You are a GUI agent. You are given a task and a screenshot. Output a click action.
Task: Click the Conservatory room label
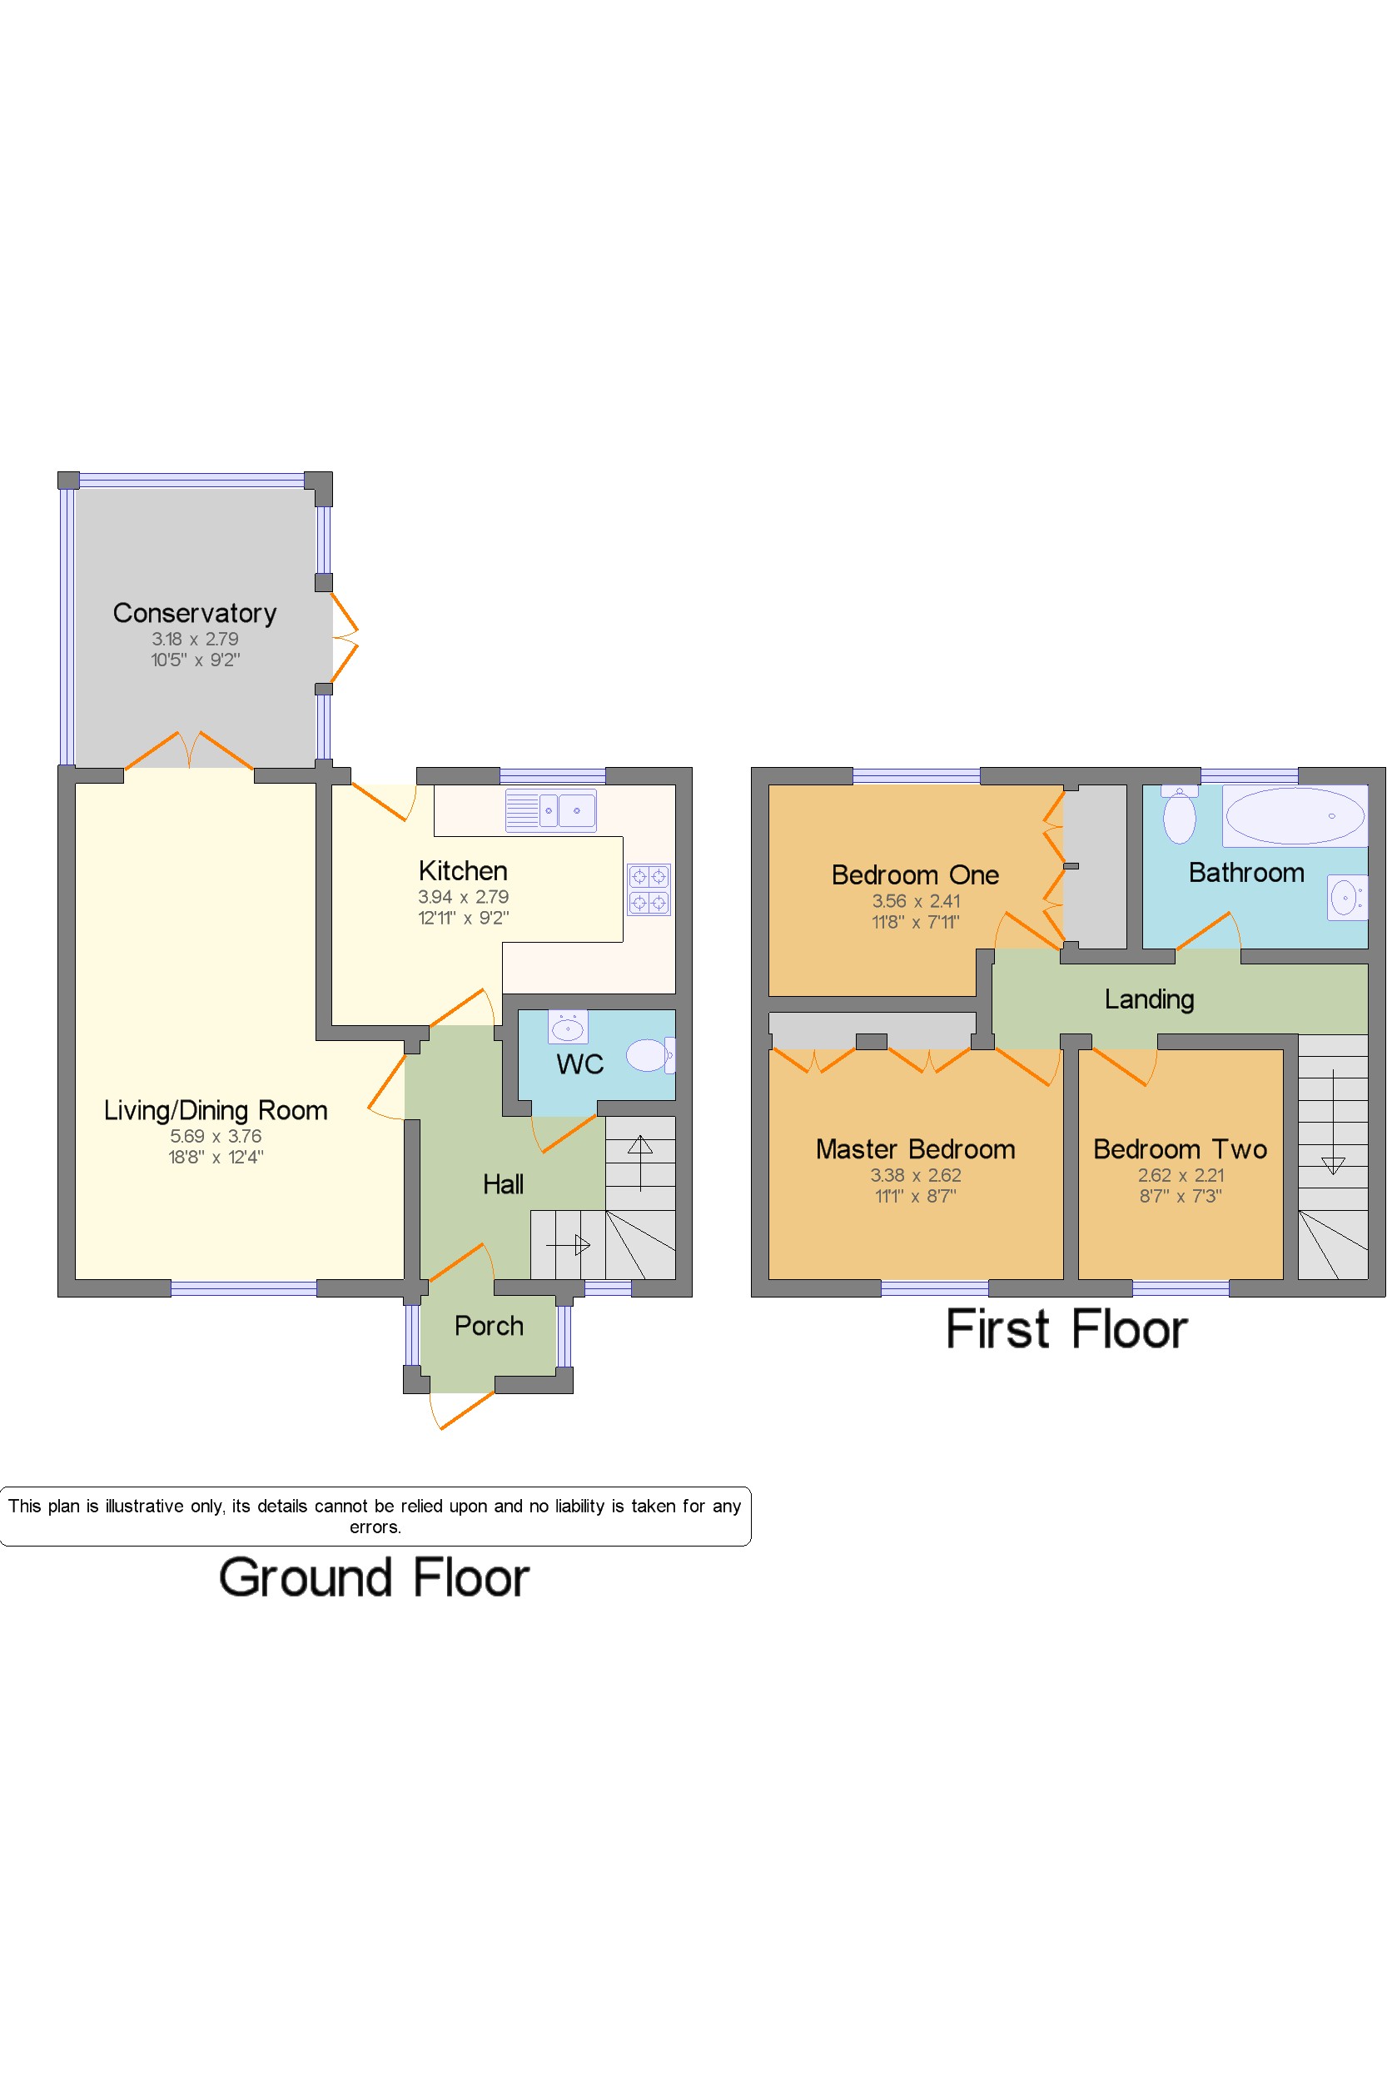pos(195,613)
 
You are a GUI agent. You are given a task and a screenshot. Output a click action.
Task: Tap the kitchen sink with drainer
pos(550,810)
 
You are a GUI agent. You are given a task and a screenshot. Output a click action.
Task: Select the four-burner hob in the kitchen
pos(649,889)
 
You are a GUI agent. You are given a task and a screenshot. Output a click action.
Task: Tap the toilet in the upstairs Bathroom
pos(1179,814)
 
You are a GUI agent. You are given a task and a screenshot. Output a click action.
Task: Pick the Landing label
pos(1149,1000)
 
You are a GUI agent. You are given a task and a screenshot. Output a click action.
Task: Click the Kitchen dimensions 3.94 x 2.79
pos(464,896)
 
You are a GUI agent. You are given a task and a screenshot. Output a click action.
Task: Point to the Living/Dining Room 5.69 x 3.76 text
pos(216,1136)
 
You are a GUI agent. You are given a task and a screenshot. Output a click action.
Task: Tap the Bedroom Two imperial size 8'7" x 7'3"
pos(1180,1196)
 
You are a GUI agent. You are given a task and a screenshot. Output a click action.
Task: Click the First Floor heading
pos(1066,1329)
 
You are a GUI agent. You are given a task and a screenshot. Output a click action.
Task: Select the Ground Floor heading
pos(374,1577)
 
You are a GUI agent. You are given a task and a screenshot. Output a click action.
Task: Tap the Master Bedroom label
pos(916,1149)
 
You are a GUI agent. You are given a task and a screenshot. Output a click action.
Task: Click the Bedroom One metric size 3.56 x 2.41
pos(916,901)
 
